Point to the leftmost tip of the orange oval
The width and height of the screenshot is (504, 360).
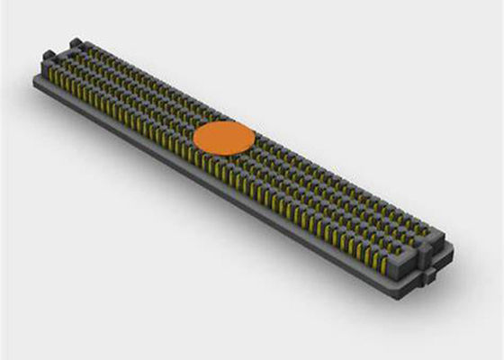pyautogui.click(x=194, y=137)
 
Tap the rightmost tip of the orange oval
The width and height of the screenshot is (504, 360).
pyautogui.click(x=255, y=135)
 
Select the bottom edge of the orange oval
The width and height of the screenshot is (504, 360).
pyautogui.click(x=224, y=154)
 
